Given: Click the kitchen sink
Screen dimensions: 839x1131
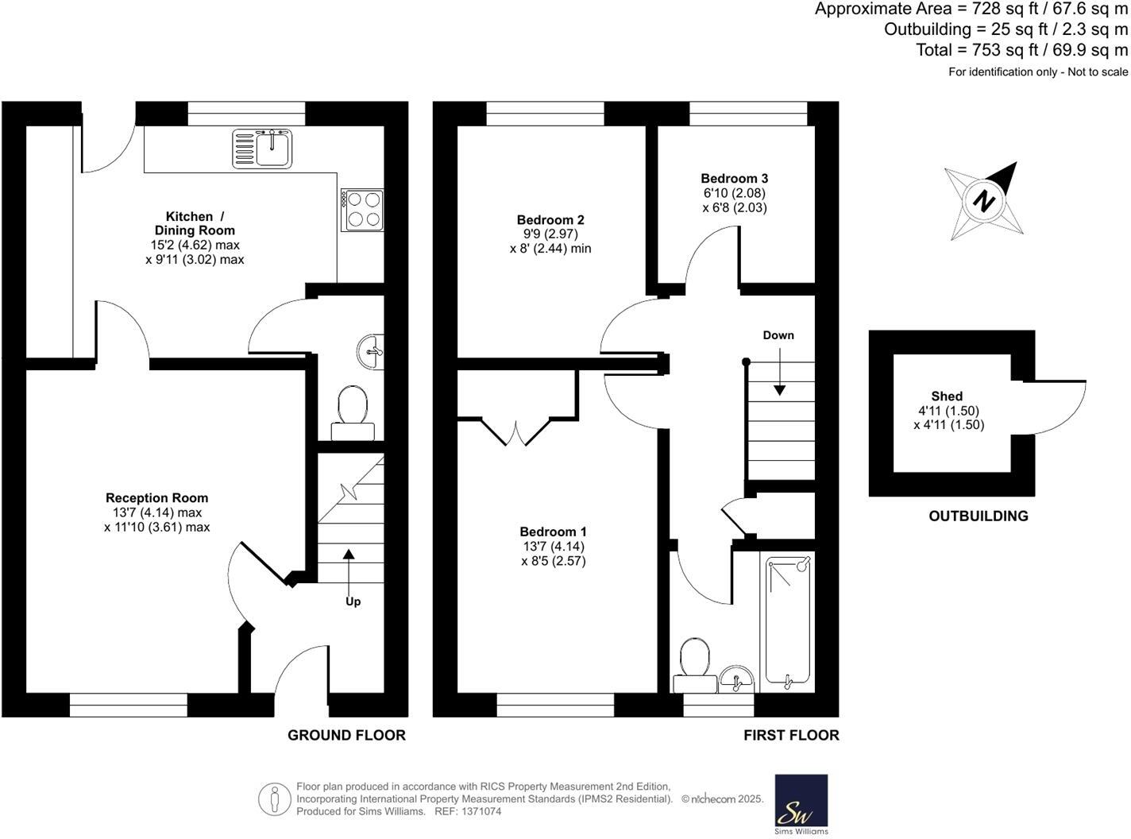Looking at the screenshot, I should [263, 149].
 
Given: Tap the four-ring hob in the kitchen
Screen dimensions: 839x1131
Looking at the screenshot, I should [362, 210].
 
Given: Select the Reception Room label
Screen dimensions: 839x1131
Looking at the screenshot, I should [156, 498].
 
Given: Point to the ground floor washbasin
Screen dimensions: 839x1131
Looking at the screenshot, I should [370, 351].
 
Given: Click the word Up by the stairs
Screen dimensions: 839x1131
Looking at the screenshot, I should [353, 601].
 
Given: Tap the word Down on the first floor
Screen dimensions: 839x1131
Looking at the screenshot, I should [778, 335].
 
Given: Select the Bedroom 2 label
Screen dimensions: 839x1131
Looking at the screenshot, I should [550, 220].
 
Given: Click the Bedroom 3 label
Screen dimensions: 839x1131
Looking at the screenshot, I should [734, 179].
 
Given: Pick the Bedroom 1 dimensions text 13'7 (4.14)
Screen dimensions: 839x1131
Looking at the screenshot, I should [553, 547].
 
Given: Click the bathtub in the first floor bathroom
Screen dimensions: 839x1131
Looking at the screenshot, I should [788, 621].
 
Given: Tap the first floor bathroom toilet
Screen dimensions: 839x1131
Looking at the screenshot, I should [695, 663].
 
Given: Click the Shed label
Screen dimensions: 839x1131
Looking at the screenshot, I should [947, 396].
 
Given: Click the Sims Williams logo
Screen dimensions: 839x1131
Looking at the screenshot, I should [801, 804].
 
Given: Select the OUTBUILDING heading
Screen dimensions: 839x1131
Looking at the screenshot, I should [978, 516].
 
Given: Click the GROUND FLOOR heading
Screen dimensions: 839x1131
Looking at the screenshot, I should [346, 736].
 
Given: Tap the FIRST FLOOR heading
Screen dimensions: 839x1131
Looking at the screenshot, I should [791, 736].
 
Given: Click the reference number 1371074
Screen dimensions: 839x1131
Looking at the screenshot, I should [480, 811].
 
